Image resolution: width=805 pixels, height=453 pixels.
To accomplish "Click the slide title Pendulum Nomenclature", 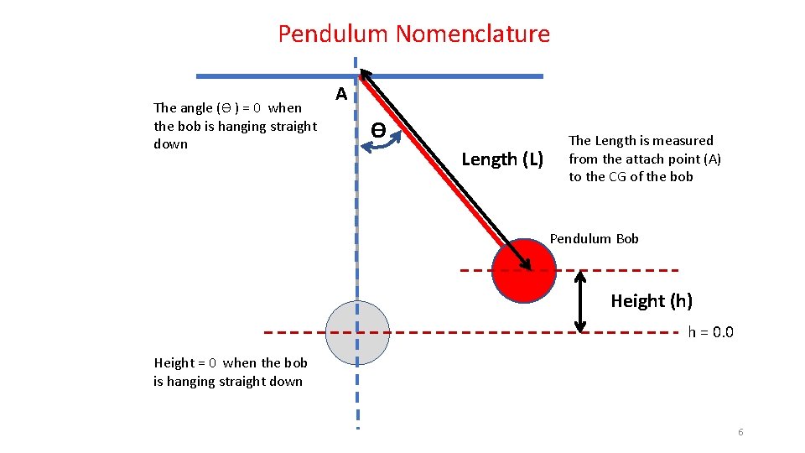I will click(x=413, y=34).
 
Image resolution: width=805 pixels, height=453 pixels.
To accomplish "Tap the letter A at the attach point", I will click(x=341, y=94).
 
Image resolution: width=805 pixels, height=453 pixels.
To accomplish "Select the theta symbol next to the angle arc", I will click(x=379, y=130).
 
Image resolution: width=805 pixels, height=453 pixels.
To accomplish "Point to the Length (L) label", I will click(x=502, y=159).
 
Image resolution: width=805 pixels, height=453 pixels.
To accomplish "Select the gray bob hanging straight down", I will click(x=357, y=332).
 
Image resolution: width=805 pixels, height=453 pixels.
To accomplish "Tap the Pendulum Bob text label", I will click(x=594, y=239).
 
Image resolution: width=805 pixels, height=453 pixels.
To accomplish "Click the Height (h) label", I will click(x=651, y=300).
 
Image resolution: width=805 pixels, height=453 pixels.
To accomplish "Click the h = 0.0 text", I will click(x=710, y=332).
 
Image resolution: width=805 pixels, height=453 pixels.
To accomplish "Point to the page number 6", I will click(x=740, y=432).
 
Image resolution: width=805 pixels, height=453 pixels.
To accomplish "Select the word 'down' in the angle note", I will click(x=171, y=144).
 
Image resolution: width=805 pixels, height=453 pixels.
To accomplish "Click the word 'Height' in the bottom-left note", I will click(x=174, y=363).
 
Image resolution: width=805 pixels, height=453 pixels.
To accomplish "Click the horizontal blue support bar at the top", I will click(x=453, y=75).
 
